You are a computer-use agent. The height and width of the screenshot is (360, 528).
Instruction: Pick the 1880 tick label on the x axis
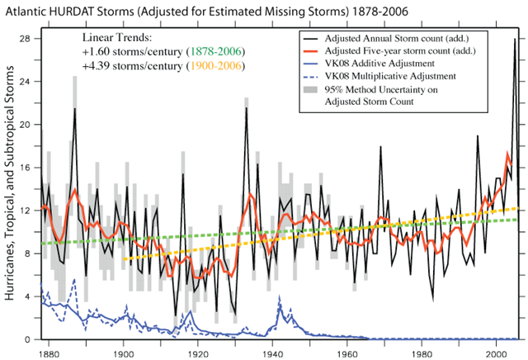pyautogui.click(x=49, y=351)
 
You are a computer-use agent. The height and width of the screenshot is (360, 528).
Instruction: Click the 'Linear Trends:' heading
pyautogui.click(x=115, y=39)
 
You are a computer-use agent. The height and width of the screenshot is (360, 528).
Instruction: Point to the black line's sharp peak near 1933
pyautogui.click(x=246, y=108)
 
